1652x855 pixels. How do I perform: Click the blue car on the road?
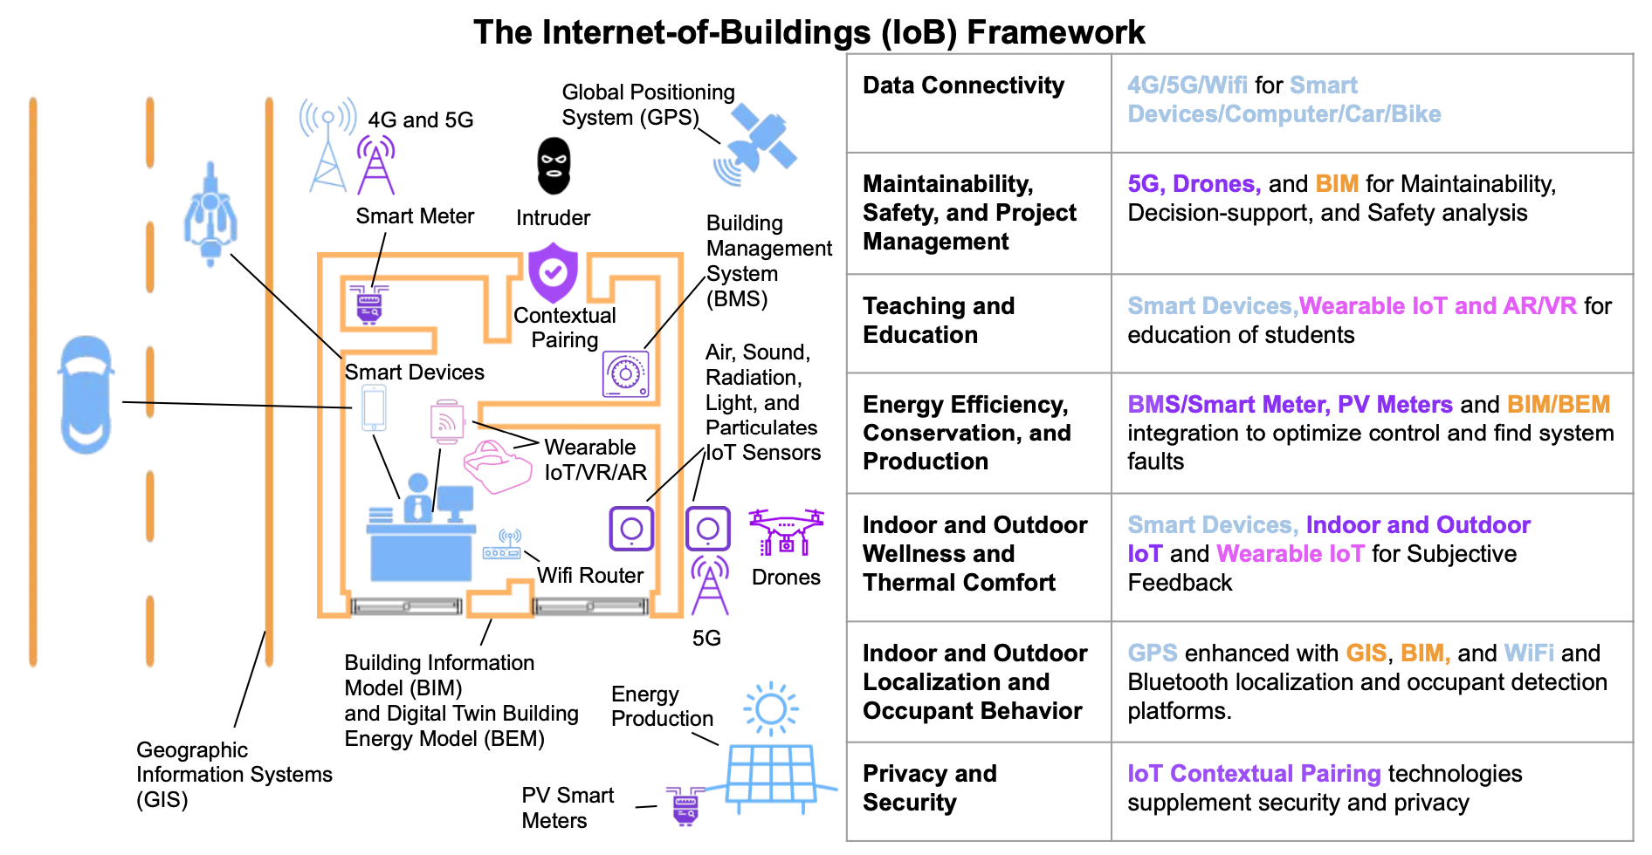point(86,394)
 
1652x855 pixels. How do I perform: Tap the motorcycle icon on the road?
point(210,215)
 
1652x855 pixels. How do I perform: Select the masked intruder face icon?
point(553,166)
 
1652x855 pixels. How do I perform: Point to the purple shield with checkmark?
point(553,272)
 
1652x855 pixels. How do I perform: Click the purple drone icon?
point(786,532)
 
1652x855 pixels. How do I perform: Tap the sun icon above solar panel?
point(771,708)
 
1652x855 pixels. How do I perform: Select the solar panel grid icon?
point(771,775)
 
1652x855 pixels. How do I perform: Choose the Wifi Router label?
point(590,576)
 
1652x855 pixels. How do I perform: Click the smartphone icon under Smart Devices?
point(374,408)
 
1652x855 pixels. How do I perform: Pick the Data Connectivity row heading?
point(963,85)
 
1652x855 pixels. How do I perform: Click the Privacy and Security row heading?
point(929,788)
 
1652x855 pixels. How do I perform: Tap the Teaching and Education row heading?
point(938,320)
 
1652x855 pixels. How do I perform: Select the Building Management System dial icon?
point(625,374)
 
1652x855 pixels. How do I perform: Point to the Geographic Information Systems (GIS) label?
point(233,775)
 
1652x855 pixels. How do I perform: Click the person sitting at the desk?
point(417,498)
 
